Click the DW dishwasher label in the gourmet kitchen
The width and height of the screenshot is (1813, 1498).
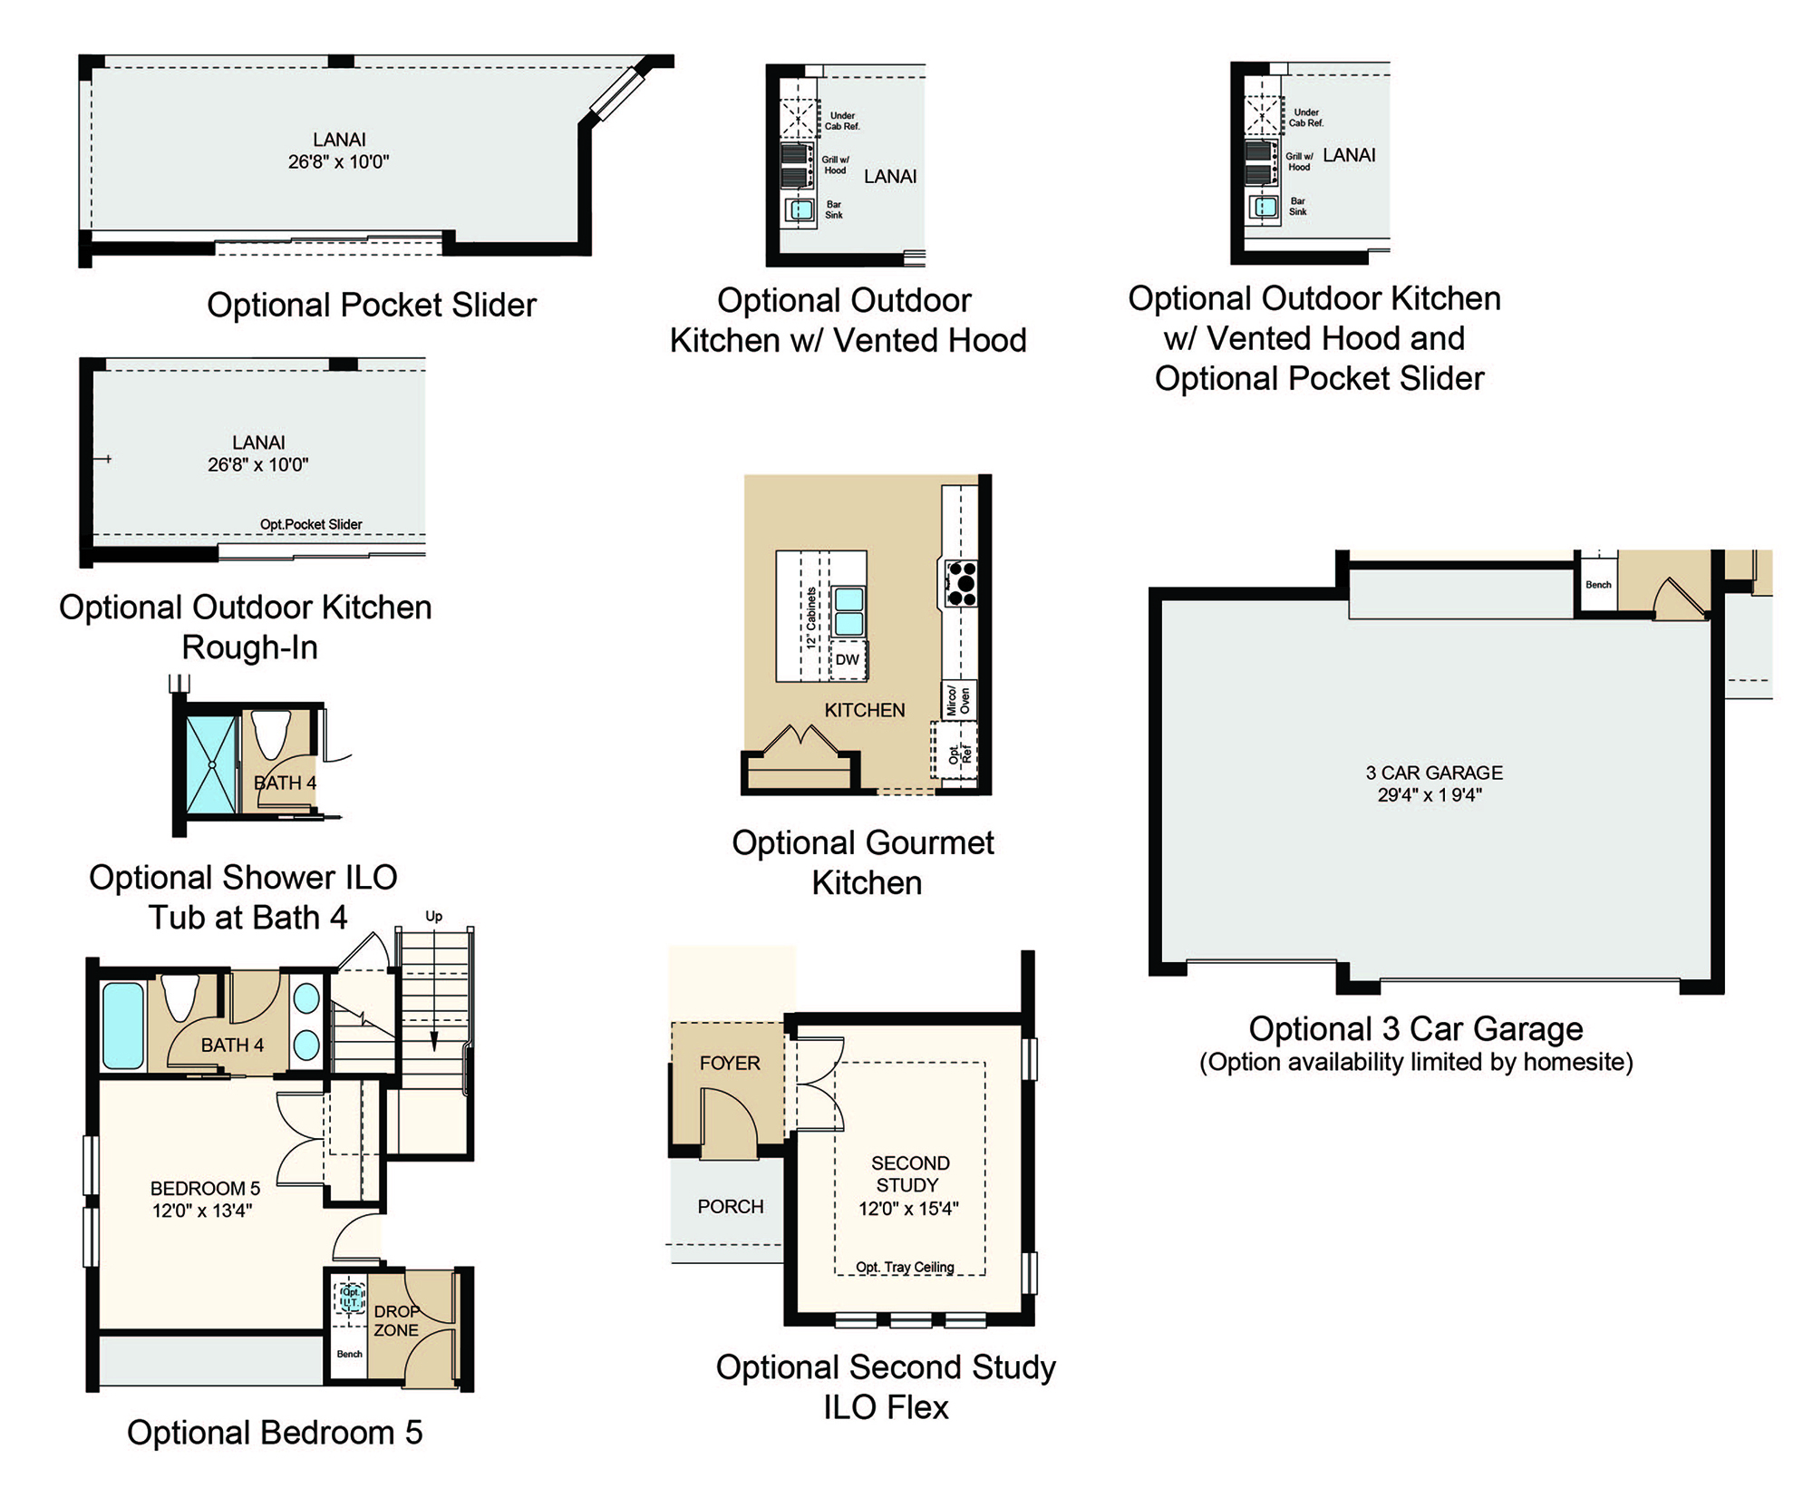(847, 659)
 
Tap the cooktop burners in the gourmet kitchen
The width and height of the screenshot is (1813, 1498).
(961, 583)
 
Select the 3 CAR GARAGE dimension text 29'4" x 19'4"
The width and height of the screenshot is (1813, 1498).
(1430, 795)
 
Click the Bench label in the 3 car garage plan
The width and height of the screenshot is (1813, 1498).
(1598, 585)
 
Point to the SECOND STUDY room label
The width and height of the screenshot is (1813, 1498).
(909, 1174)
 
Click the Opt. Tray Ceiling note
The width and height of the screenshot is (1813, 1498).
(905, 1267)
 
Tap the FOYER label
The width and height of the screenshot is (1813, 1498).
(730, 1063)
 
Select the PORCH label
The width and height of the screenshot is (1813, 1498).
(731, 1207)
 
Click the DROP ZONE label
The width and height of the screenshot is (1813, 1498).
(397, 1321)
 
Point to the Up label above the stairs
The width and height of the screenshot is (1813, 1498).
(434, 916)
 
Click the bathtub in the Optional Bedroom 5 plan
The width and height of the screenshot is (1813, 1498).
(123, 1026)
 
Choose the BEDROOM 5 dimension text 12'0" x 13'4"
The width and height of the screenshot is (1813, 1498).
(202, 1211)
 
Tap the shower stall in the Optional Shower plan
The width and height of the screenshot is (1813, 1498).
(211, 764)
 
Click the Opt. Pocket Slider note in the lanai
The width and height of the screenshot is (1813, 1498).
(311, 524)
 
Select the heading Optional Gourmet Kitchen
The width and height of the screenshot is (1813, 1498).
(864, 862)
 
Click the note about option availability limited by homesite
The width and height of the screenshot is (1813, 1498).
(1416, 1062)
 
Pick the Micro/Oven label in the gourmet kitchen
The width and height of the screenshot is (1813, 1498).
(958, 700)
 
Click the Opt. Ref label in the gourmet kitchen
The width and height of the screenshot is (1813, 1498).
(959, 754)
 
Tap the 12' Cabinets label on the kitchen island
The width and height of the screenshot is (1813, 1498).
(811, 618)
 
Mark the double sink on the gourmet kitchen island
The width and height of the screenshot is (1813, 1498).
(848, 611)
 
